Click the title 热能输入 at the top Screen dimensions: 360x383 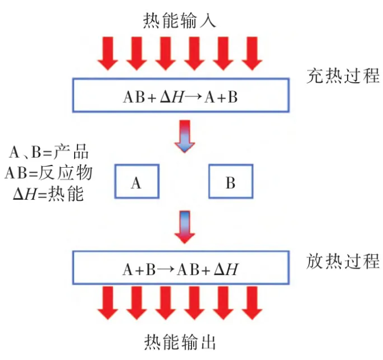click(x=180, y=22)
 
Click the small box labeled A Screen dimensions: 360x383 click(x=136, y=183)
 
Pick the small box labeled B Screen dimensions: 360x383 click(x=230, y=183)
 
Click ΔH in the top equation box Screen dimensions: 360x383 click(x=172, y=96)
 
